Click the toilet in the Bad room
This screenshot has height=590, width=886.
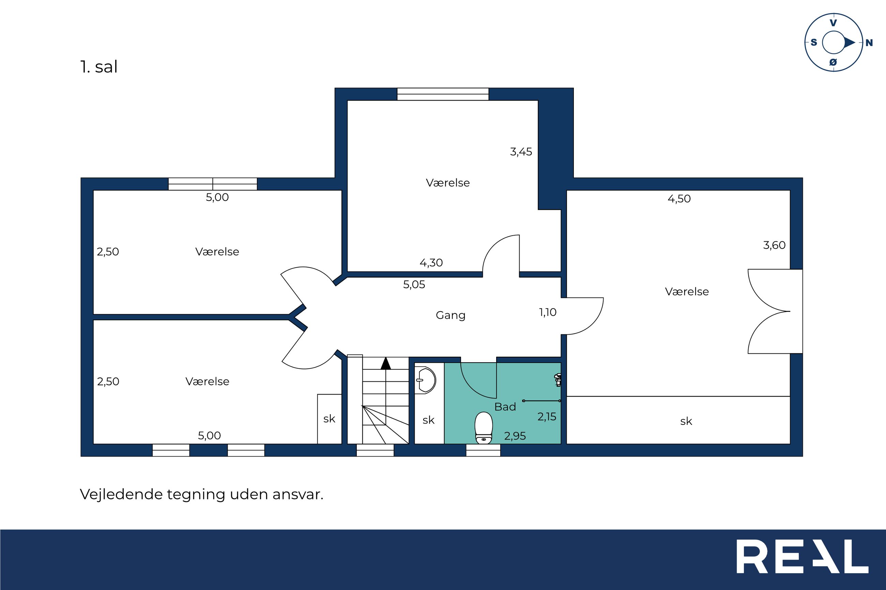point(484,428)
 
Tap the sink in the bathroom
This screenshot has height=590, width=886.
point(426,380)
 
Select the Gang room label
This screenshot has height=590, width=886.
point(450,315)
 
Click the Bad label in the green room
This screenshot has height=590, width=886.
point(505,406)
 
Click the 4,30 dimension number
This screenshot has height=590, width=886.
point(431,262)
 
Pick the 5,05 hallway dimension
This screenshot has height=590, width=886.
point(414,285)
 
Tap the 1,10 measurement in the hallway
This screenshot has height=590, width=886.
point(548,312)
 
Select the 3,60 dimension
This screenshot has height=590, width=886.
point(774,245)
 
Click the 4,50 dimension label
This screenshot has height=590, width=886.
point(679,199)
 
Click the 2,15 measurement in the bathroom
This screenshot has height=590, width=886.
point(546,416)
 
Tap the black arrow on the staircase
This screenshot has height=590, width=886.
point(385,364)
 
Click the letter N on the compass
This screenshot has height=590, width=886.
point(869,43)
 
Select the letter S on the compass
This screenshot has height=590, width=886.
point(814,43)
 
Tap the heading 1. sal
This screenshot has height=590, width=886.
point(99,67)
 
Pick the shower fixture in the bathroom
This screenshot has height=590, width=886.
point(557,380)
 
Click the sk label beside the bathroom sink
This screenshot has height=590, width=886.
point(428,420)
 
